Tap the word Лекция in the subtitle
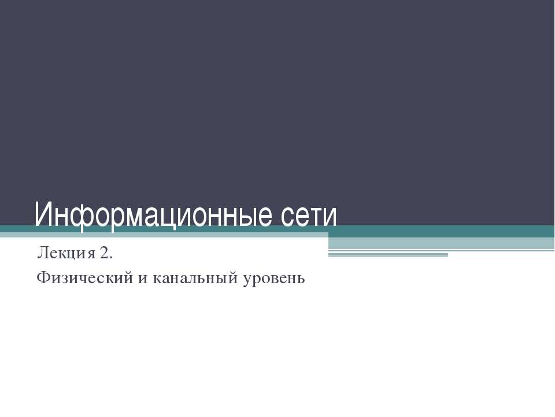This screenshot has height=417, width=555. click(64, 253)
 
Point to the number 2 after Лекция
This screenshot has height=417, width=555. click(102, 253)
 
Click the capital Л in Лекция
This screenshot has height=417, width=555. click(42, 253)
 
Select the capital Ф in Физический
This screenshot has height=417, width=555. click(42, 279)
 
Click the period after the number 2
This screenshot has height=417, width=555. click(109, 257)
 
